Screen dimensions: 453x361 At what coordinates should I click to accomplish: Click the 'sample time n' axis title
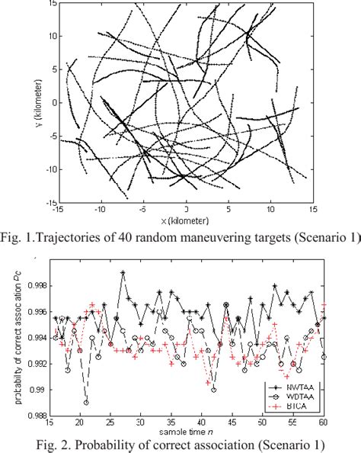pyautogui.click(x=185, y=431)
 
